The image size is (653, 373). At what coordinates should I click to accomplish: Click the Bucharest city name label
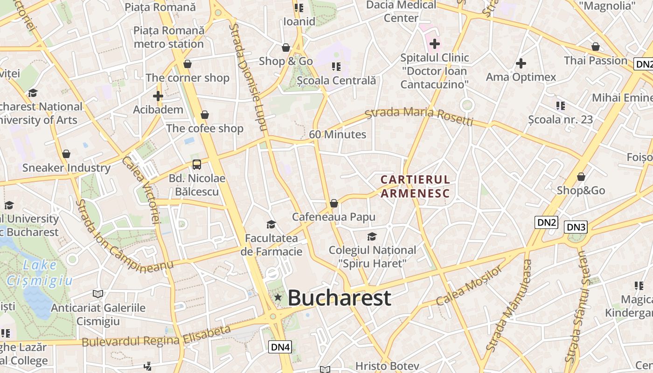click(339, 298)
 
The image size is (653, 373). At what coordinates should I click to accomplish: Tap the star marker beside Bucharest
click(278, 297)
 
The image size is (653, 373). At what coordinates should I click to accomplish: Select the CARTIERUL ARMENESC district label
click(415, 186)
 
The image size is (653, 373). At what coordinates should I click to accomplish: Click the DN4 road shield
click(280, 347)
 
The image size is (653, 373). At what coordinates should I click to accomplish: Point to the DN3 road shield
click(576, 227)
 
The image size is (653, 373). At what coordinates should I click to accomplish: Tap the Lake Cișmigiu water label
click(40, 273)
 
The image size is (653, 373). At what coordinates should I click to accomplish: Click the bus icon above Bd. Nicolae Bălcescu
click(197, 165)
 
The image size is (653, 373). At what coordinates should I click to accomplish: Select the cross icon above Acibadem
click(158, 97)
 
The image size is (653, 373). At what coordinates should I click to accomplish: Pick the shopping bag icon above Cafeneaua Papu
click(333, 203)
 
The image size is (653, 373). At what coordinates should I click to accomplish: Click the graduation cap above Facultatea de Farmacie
click(271, 225)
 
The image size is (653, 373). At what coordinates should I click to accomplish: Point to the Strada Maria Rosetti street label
click(419, 116)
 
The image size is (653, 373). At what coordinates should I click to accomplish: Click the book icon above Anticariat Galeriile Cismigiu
click(97, 294)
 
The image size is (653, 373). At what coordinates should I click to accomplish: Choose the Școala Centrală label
click(336, 80)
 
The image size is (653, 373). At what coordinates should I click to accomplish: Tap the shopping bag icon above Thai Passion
click(596, 47)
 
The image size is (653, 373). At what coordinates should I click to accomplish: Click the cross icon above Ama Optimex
click(521, 63)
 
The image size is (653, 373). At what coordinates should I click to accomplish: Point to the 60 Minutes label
click(338, 134)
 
